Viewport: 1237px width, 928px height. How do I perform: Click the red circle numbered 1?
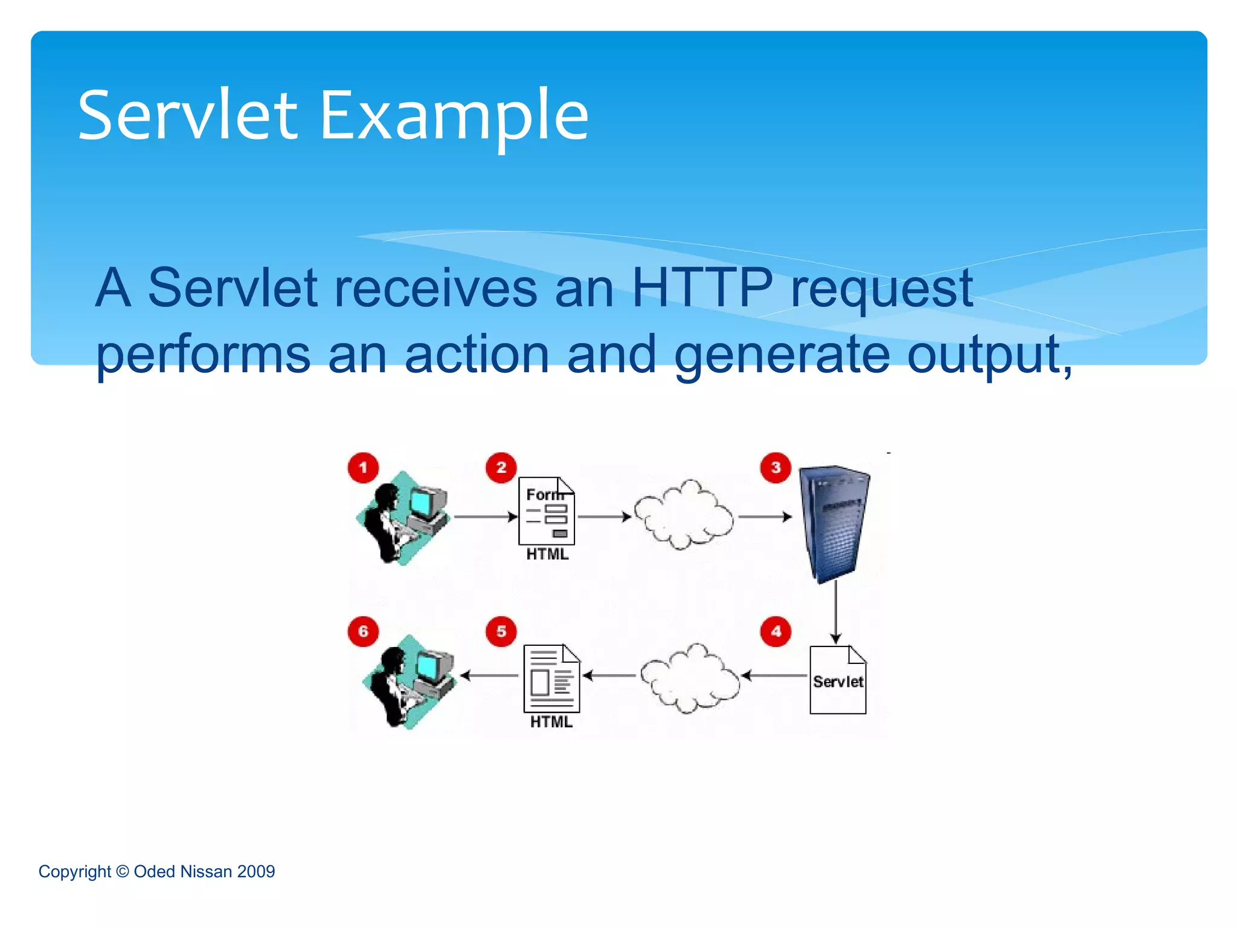[x=363, y=468]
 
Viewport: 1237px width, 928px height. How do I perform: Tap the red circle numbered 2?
[x=501, y=468]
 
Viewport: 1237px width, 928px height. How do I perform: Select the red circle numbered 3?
[x=776, y=468]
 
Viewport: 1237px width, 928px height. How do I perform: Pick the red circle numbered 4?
[x=776, y=632]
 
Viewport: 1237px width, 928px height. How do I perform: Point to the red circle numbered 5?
[x=501, y=632]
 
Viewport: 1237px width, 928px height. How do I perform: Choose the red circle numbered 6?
[x=363, y=632]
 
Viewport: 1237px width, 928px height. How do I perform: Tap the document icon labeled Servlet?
[x=838, y=680]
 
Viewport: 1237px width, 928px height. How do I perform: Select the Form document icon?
[x=547, y=511]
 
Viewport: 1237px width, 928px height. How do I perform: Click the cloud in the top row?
[x=684, y=515]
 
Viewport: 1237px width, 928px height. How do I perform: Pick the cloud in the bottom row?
[x=690, y=678]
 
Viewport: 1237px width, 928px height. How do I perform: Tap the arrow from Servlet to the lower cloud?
[x=775, y=675]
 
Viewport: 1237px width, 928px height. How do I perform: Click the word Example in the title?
[x=454, y=116]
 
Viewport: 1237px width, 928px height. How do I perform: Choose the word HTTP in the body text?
[x=702, y=288]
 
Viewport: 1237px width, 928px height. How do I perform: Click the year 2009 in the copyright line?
[x=256, y=872]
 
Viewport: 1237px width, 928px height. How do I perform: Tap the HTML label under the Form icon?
[x=547, y=555]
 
